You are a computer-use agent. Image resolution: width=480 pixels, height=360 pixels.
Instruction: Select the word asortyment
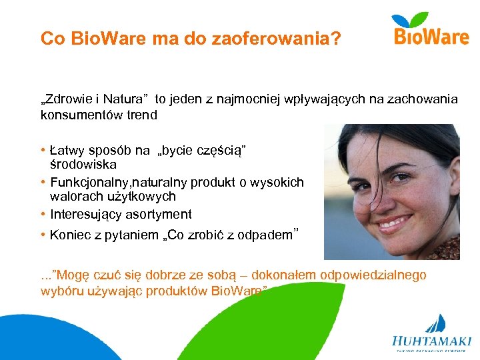(161, 214)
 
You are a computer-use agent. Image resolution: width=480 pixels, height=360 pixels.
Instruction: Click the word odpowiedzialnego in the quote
(373, 275)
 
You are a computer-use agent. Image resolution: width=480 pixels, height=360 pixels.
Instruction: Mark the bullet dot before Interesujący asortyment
(43, 214)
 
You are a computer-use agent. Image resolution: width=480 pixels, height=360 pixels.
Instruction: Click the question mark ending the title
(335, 39)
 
